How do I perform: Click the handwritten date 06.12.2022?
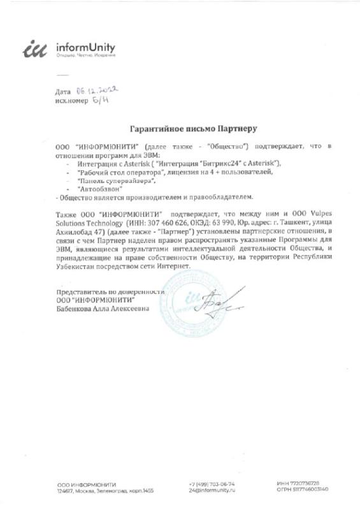point(97,91)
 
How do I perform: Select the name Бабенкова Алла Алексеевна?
point(103,309)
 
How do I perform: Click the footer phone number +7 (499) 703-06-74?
point(212,483)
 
